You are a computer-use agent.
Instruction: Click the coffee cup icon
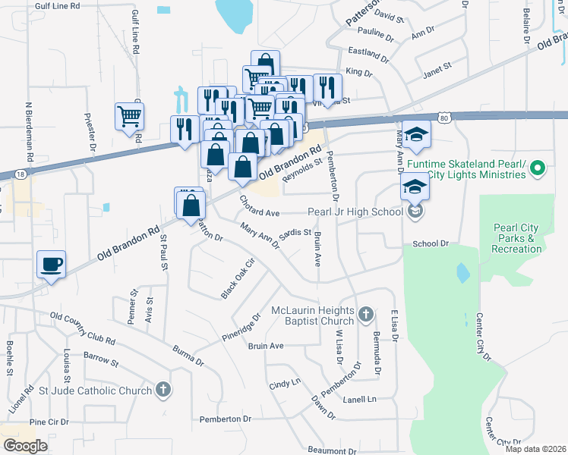pos(52,265)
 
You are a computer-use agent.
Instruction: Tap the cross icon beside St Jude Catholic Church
pos(162,390)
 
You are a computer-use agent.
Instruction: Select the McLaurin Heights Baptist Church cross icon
pos(366,314)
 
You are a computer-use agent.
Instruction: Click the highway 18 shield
pos(20,174)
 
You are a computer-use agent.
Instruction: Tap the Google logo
pos(25,446)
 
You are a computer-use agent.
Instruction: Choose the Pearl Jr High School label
pos(355,212)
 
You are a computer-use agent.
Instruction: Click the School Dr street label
pos(431,244)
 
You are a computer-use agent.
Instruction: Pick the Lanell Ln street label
pos(359,399)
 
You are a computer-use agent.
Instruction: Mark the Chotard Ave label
pos(260,206)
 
